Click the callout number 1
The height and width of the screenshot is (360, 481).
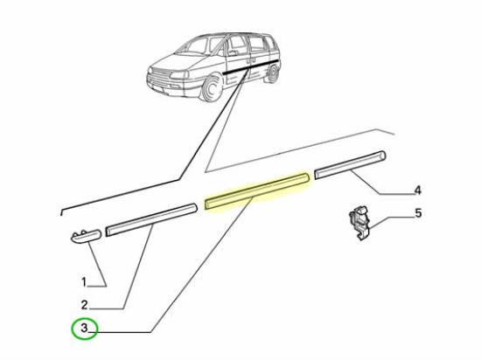coord(84,282)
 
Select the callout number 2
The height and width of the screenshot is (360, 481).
coord(84,305)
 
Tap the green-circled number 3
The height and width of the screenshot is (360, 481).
coord(84,329)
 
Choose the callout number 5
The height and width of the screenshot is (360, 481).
coord(418,212)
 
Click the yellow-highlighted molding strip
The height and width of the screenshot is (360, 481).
coord(255,190)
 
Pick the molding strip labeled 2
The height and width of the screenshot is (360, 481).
coord(150,220)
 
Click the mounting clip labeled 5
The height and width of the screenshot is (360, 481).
coord(358,221)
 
